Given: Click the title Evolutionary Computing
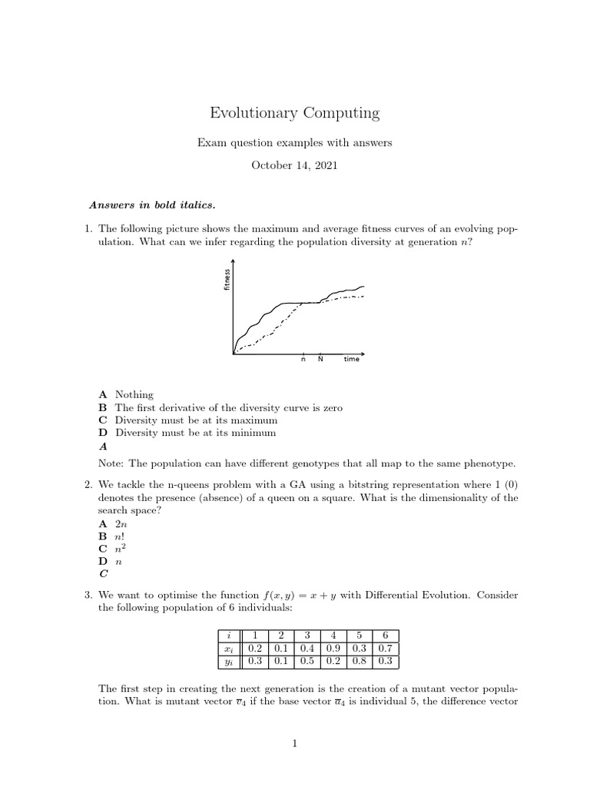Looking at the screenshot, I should [295, 113].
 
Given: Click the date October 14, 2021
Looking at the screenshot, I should [295, 165].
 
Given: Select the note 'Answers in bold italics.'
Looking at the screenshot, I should [152, 204].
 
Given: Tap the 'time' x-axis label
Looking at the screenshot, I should [351, 360].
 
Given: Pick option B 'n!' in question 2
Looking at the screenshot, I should [120, 535].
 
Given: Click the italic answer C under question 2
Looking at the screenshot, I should [103, 573].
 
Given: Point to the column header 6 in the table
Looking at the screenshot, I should [385, 636].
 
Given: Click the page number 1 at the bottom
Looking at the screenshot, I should [295, 743].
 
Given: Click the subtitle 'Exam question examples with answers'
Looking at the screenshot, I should [295, 142].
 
